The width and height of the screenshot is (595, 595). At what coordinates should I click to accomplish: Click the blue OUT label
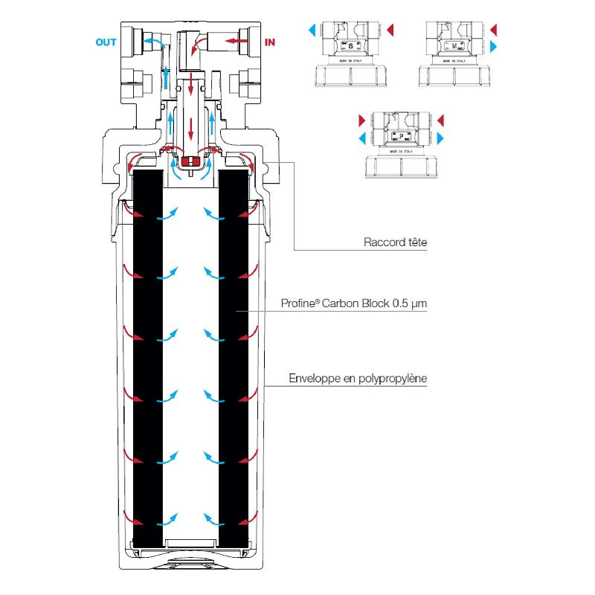tap(106, 42)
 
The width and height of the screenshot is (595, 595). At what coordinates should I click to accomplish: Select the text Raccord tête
tap(396, 242)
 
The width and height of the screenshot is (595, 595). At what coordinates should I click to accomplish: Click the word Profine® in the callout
tap(301, 303)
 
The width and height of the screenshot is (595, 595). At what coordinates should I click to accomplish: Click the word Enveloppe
tap(314, 379)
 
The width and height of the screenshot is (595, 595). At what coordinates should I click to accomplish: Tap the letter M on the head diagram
tap(454, 46)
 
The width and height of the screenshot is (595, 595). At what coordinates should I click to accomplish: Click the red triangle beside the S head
tap(390, 30)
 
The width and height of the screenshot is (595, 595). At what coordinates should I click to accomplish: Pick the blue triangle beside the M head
tap(494, 46)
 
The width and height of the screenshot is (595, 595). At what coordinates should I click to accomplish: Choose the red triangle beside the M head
tap(494, 30)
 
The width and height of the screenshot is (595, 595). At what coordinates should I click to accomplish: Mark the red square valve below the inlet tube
tap(191, 161)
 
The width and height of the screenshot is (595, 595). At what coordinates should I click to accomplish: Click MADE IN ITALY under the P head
tap(401, 151)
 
